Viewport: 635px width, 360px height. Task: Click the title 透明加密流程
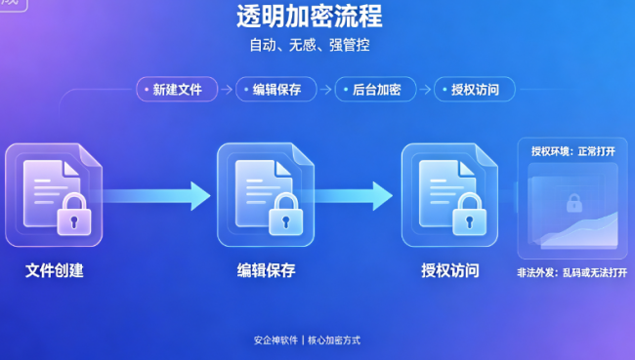coord(310,17)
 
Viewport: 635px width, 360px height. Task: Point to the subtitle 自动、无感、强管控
coord(310,45)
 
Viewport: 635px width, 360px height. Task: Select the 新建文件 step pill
coord(177,90)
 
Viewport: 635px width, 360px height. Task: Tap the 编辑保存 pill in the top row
coord(276,90)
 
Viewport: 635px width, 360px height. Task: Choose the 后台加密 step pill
coord(375,90)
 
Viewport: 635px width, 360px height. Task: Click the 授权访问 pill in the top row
coord(475,90)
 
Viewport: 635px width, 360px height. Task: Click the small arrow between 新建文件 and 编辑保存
coord(227,90)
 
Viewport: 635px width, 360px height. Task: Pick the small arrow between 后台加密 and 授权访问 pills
coord(425,90)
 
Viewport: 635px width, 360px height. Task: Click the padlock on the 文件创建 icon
coord(74,215)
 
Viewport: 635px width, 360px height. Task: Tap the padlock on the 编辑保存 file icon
coord(286,215)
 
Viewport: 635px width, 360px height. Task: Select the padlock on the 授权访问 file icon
coord(469,215)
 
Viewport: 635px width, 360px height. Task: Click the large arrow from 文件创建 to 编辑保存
coord(156,196)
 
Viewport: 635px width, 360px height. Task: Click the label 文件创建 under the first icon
coord(55,270)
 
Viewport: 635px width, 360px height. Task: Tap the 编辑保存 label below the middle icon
coord(266,270)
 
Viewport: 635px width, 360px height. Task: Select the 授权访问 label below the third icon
coord(450,270)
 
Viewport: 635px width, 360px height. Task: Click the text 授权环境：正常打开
coord(573,151)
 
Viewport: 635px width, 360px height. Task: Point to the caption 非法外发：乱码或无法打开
coord(571,272)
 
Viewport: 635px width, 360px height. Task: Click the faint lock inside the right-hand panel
coord(573,203)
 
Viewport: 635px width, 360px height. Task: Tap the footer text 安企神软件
coord(275,340)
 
